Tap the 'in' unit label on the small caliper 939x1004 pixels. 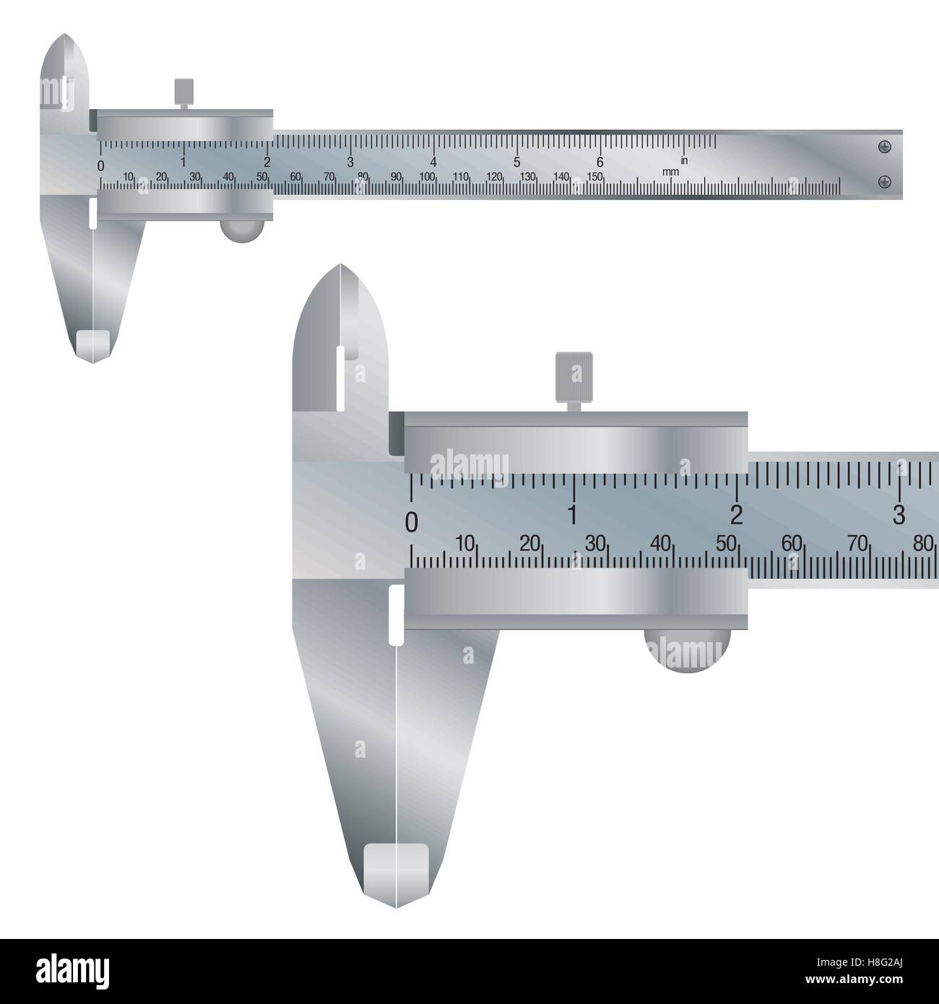point(683,160)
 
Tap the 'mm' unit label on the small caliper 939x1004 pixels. point(670,172)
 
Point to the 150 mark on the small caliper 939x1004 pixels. point(594,176)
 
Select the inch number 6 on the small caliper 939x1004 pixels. point(600,162)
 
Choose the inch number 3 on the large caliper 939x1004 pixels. point(899,514)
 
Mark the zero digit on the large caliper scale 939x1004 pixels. point(412,522)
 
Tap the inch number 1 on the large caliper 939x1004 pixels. point(573,514)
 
